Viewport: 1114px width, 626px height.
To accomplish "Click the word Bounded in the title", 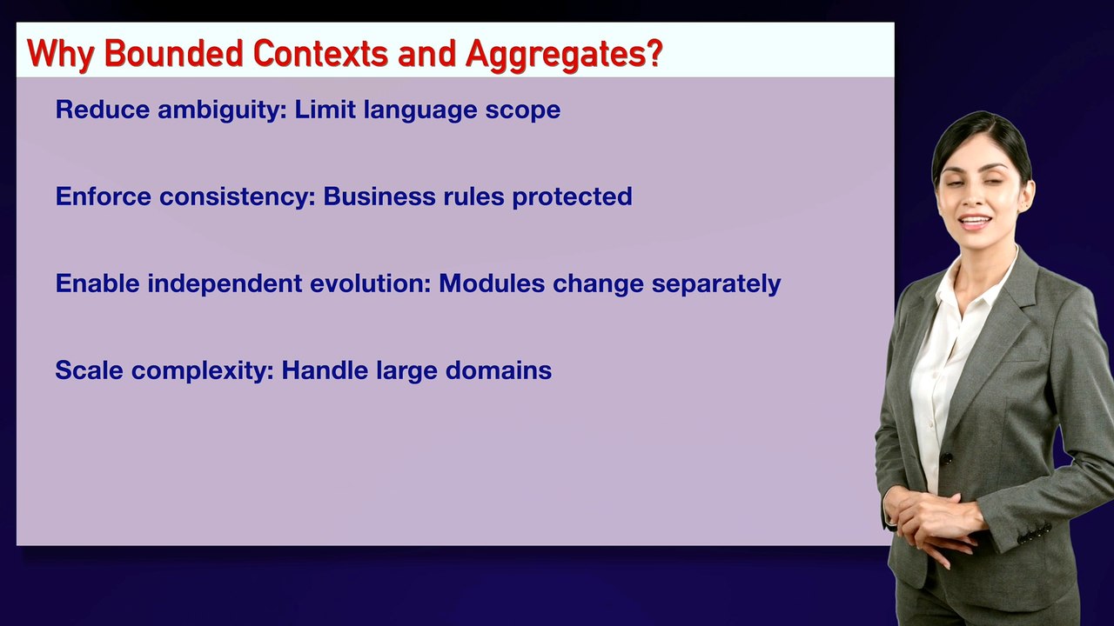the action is coord(174,53).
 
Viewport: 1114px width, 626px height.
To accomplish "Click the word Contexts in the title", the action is coord(320,53).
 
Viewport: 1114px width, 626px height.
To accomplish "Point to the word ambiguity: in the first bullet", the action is coord(222,110).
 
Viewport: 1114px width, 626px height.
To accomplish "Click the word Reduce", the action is coord(103,110).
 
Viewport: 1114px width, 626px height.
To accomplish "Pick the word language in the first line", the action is coord(420,110).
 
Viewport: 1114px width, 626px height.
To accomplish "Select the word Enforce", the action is coord(103,196).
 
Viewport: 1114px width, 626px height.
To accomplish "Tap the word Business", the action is coord(379,196).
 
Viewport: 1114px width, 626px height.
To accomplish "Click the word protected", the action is coord(572,197).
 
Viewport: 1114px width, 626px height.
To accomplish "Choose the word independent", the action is coord(225,283).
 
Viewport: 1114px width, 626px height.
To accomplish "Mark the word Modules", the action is coord(492,283).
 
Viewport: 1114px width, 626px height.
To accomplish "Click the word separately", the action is coord(716,284).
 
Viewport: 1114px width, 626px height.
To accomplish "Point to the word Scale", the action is coord(89,370).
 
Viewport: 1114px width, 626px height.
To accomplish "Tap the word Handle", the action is coord(325,370).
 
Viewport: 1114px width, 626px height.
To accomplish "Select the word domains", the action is coord(499,370).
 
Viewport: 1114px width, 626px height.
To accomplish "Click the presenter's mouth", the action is coord(974,222).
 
